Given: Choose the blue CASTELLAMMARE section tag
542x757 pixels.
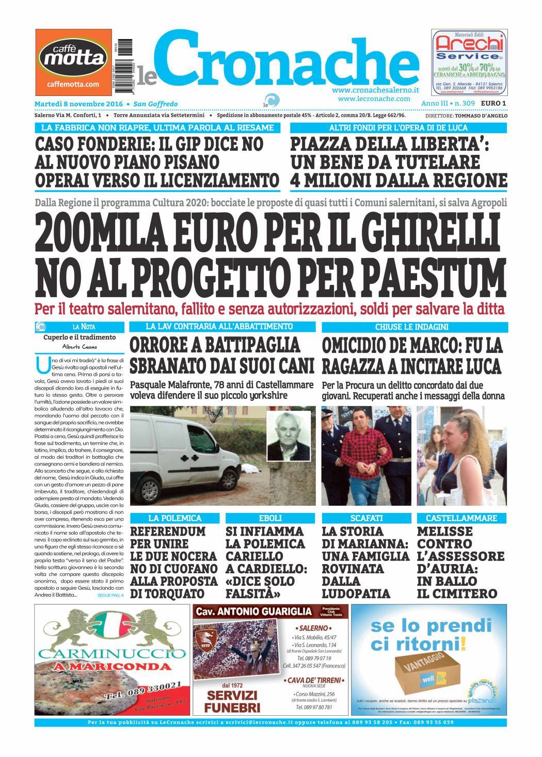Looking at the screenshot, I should point(461,518).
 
